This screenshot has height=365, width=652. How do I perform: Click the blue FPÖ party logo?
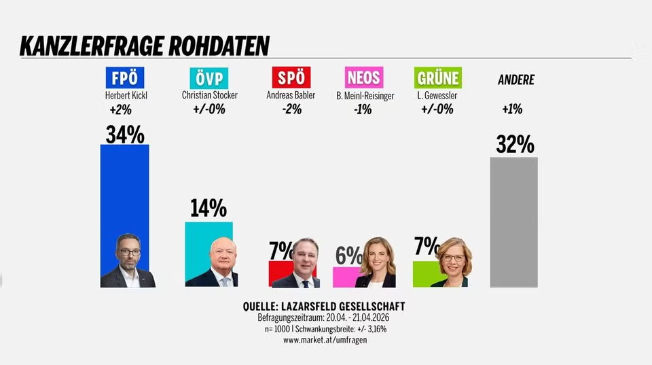(x=124, y=77)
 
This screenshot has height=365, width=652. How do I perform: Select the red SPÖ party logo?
(x=291, y=77)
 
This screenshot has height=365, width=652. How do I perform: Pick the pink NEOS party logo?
(x=365, y=77)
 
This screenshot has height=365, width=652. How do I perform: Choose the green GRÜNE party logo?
(x=437, y=77)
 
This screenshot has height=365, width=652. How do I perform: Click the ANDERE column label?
(x=516, y=80)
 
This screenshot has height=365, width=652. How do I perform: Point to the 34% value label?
(x=125, y=134)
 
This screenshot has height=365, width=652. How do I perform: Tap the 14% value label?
(x=209, y=208)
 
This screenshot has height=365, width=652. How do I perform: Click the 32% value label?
(x=514, y=144)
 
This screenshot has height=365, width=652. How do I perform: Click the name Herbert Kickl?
(x=126, y=96)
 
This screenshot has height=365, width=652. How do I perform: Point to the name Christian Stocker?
(x=209, y=96)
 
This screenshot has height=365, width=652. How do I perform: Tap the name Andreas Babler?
(x=291, y=96)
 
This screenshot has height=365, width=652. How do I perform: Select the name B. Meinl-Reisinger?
(x=365, y=96)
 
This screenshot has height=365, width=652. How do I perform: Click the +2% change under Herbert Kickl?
(x=120, y=109)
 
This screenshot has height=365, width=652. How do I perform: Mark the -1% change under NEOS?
(x=362, y=109)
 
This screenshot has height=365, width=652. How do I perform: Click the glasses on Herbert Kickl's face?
(x=128, y=251)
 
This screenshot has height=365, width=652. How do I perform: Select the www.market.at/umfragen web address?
(x=325, y=339)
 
